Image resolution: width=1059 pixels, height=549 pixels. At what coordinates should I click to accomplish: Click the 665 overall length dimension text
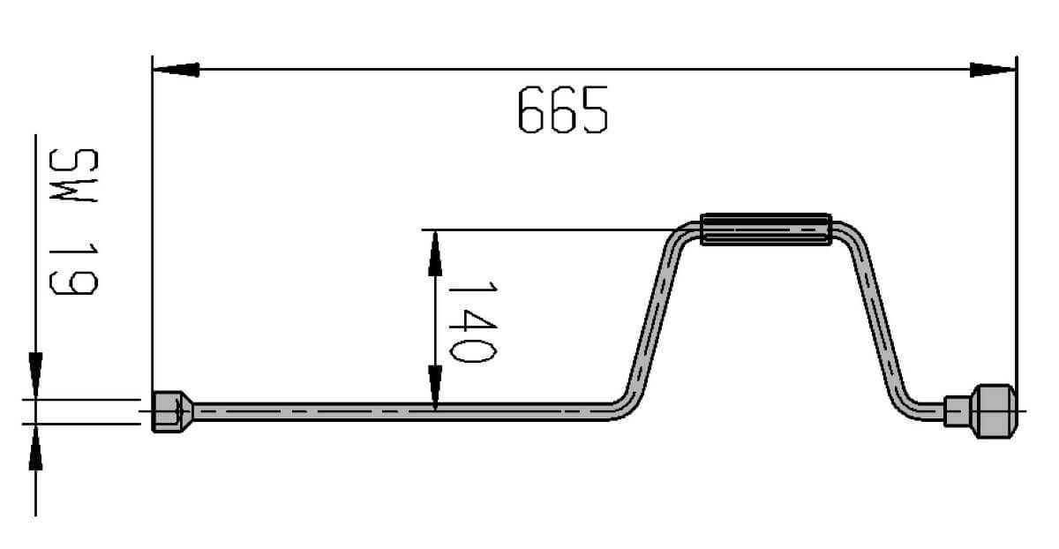coord(563,109)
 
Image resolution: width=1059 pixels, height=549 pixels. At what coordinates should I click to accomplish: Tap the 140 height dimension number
coord(472,322)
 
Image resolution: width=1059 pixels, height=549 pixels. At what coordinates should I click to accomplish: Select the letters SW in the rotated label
coord(74,175)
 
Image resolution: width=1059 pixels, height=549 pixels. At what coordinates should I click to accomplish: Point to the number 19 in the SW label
coord(74,269)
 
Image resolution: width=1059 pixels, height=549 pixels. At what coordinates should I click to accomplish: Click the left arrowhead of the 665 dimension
coord(176,70)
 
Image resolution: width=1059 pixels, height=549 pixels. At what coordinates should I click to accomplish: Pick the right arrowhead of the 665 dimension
coord(993,70)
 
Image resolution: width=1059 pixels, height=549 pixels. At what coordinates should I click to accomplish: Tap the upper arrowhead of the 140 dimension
coord(435,253)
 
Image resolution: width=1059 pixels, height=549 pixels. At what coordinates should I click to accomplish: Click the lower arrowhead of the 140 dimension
coord(435,387)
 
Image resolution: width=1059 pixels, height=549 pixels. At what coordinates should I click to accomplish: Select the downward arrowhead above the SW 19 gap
coord(35,374)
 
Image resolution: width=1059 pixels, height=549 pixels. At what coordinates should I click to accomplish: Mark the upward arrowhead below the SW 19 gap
coord(35,447)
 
